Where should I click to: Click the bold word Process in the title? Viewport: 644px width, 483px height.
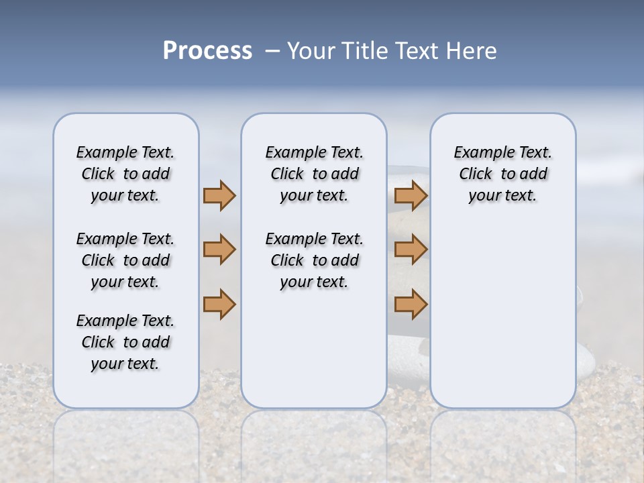[x=207, y=51]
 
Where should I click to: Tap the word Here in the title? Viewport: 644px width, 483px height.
[x=472, y=51]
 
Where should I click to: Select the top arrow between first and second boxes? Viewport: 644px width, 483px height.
[x=219, y=196]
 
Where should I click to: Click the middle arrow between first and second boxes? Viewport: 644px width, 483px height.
[x=219, y=250]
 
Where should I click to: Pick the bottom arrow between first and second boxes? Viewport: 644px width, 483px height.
[x=219, y=304]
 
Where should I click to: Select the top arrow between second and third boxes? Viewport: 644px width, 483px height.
[x=411, y=196]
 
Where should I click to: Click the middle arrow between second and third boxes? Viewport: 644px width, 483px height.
[x=411, y=250]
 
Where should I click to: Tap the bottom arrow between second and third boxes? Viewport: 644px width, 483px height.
[x=411, y=304]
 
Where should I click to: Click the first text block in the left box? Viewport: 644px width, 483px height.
[x=125, y=174]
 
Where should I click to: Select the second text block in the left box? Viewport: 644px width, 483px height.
[x=125, y=260]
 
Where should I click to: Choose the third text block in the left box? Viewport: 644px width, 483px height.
[x=125, y=342]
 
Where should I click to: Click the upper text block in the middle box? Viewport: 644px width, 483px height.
[x=314, y=174]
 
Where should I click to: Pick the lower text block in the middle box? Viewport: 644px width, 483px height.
[x=314, y=260]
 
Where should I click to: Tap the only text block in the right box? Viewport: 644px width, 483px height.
[x=502, y=174]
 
